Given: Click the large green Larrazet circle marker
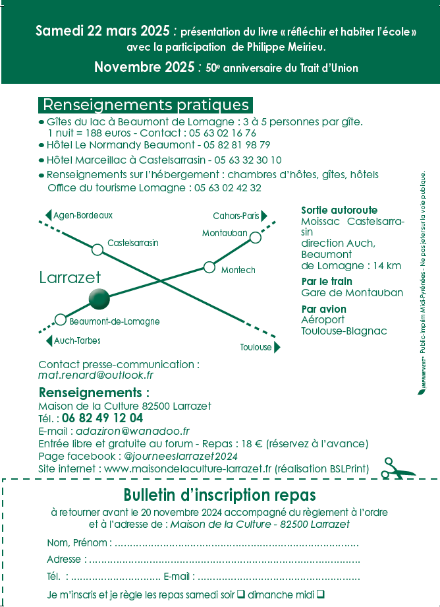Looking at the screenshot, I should (x=99, y=299).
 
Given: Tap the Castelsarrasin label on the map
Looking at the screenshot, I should (x=133, y=243).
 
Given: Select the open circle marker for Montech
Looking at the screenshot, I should (x=209, y=267).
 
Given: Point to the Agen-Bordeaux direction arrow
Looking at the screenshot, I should (x=48, y=215).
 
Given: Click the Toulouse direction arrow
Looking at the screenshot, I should (x=277, y=347).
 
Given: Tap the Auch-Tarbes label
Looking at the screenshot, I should (x=77, y=341).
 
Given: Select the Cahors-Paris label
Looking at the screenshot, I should (x=235, y=216).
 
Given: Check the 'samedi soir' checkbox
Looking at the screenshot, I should (x=241, y=594).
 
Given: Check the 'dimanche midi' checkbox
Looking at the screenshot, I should (x=320, y=594).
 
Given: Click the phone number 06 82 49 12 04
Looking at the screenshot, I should (x=102, y=418).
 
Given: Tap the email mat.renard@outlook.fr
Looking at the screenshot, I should (x=96, y=375).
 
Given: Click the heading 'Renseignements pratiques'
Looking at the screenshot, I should (x=146, y=105).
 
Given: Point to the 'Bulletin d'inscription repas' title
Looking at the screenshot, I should (x=220, y=495).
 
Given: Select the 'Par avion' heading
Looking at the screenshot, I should (x=323, y=309).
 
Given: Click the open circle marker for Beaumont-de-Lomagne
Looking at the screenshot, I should (x=61, y=319).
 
